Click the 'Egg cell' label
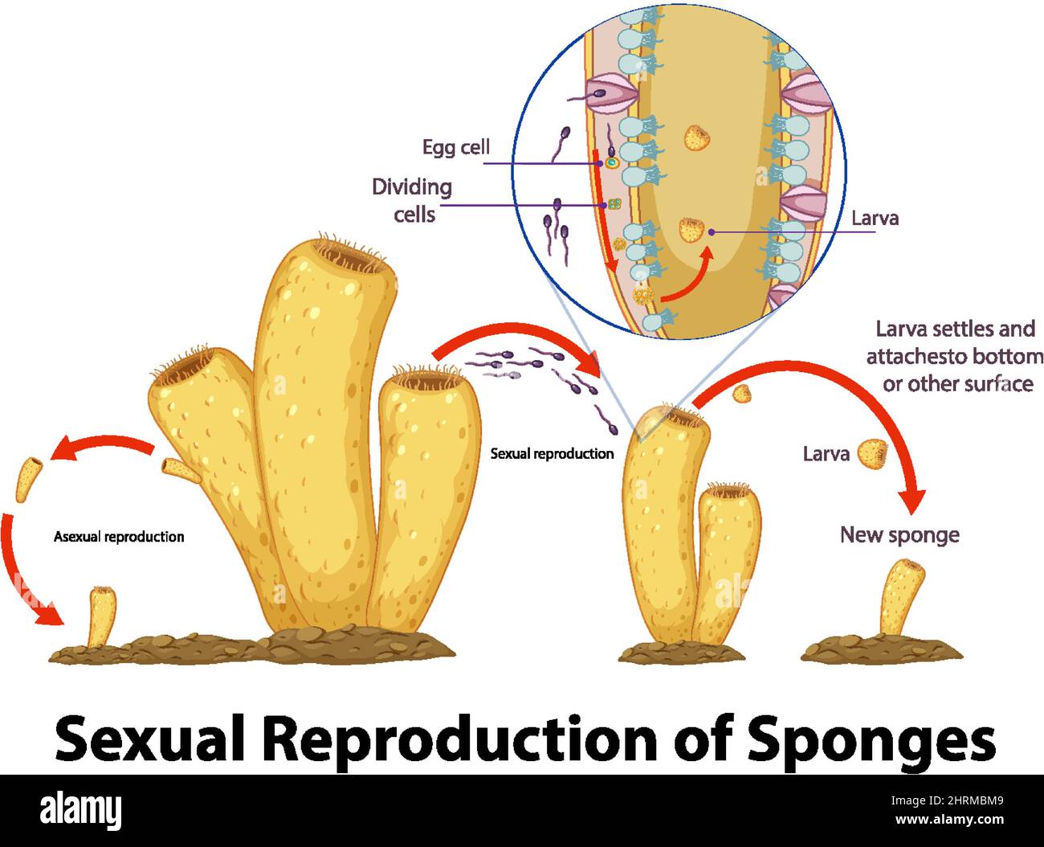pyautogui.click(x=455, y=147)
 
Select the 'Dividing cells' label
pyautogui.click(x=412, y=200)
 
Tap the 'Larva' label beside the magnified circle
pyautogui.click(x=875, y=218)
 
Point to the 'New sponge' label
pyautogui.click(x=899, y=534)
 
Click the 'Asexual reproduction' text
pyautogui.click(x=119, y=537)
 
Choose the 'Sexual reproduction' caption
pyautogui.click(x=552, y=453)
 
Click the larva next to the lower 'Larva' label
pyautogui.click(x=872, y=454)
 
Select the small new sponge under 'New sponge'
pyautogui.click(x=902, y=599)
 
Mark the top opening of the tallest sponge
pyautogui.click(x=353, y=257)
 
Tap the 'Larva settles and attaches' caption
pyautogui.click(x=955, y=356)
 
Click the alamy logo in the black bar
pyautogui.click(x=80, y=810)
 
